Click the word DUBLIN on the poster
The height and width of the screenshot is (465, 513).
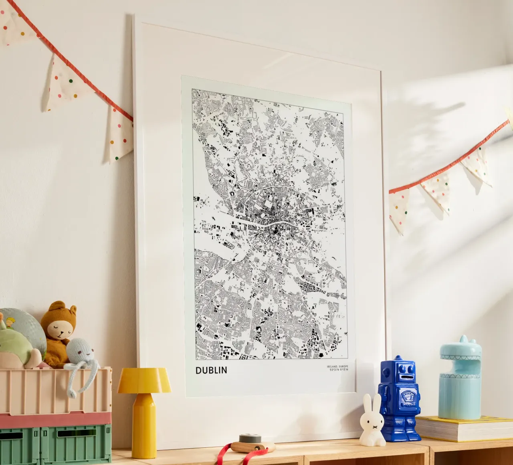211,370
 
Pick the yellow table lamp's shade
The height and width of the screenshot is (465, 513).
144,381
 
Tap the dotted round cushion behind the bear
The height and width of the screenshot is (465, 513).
24,325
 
